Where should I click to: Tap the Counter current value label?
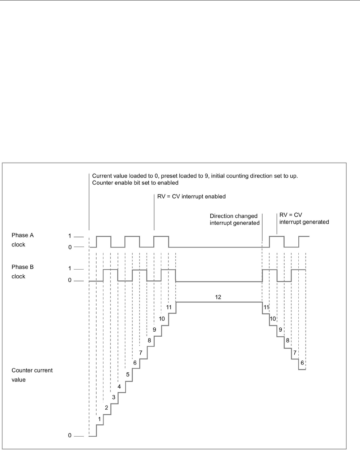click(32, 375)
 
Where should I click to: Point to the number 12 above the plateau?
click(218, 297)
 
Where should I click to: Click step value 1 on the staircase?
click(100, 419)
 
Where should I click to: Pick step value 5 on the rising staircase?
click(128, 375)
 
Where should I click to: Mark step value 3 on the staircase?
click(114, 397)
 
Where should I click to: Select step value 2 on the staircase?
click(106, 408)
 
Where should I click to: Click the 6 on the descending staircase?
click(302, 363)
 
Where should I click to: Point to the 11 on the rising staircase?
click(169, 307)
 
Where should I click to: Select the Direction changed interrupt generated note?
click(235, 219)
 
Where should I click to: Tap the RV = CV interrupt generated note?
click(304, 219)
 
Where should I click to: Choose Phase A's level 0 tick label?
click(70, 247)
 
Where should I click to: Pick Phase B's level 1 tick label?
click(70, 269)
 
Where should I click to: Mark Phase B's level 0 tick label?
click(70, 280)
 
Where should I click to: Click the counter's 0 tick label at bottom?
click(70, 436)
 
